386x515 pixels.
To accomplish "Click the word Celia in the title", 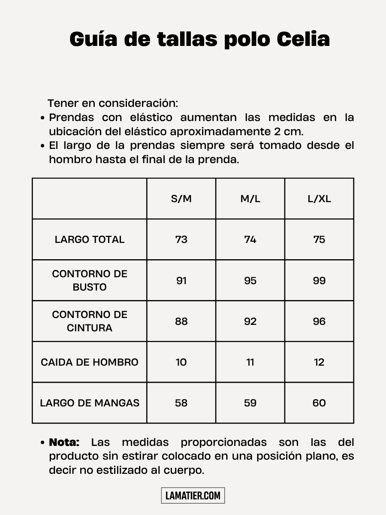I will coord(303,39).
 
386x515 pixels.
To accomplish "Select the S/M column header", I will coord(181,199).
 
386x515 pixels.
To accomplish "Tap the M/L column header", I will coord(250,199).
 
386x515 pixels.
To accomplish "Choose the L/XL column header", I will coord(319,199).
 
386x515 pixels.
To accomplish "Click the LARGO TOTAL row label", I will coord(90,239).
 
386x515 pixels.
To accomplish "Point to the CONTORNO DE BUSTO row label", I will coord(90,280).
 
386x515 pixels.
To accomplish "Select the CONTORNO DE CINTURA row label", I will coord(90,321).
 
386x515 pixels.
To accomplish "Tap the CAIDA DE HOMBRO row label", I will coord(90,362).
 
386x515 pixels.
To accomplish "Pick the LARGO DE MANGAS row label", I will coord(90,403).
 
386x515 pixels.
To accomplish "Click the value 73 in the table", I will coord(181,239).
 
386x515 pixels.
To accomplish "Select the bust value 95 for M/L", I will coord(250,281).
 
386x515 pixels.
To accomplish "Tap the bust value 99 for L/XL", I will coord(319,281).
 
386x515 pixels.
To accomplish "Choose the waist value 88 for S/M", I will coord(181,321).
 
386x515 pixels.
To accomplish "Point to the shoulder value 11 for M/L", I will coord(250,362).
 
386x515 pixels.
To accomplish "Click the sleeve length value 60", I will coord(319,403).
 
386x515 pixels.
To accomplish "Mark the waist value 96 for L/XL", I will coord(319,321).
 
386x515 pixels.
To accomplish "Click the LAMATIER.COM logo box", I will coord(193,496).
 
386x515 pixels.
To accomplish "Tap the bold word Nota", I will coord(64,442).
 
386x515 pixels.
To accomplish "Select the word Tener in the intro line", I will coord(60,103).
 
